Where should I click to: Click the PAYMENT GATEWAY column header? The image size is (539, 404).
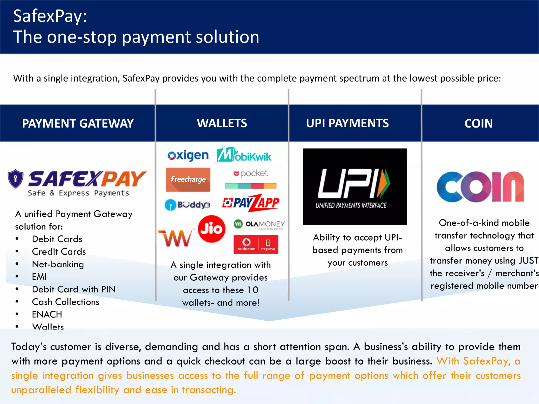coord(78,123)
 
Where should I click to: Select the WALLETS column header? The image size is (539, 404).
coord(222,123)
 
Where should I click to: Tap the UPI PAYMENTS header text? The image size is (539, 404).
coord(347,123)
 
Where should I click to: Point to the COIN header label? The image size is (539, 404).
coord(478,123)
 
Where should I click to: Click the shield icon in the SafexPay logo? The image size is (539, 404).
coord(16,179)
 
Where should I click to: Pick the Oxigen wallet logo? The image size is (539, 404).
coord(188,156)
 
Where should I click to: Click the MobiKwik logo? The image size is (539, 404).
coord(244,154)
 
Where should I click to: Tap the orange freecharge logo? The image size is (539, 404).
coord(188,179)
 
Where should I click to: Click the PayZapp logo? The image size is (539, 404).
coord(251,203)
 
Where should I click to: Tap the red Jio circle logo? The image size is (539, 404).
coord(212,229)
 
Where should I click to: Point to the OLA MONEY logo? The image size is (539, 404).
coord(259,224)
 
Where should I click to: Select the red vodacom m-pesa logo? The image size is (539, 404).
coord(256,244)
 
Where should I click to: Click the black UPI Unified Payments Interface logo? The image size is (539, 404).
coord(355,186)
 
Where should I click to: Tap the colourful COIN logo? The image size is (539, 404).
coord(480,187)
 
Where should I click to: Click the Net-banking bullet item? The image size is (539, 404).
coord(58,264)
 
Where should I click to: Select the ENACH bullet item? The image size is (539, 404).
coord(47,314)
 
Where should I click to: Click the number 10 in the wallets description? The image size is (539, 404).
coord(253,290)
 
